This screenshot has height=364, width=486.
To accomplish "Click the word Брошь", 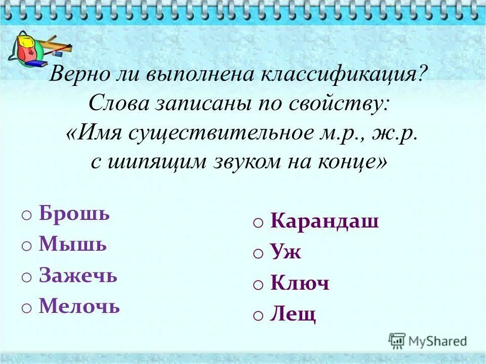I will click(x=74, y=214).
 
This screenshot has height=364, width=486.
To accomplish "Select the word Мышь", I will click(x=73, y=245).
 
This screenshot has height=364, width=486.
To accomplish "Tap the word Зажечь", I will click(x=78, y=276).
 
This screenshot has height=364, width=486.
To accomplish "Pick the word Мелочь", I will click(x=79, y=306).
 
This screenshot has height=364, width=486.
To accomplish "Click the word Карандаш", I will click(x=325, y=221).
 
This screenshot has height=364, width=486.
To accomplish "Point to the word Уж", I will click(x=286, y=252).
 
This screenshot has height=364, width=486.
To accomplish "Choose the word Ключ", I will click(x=300, y=283).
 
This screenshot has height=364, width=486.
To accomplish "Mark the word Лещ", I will click(x=293, y=314).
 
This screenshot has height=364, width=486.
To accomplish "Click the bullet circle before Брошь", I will click(x=27, y=215).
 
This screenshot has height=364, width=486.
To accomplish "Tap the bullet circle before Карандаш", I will click(x=258, y=223).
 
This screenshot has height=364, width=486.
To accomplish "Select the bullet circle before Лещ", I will click(x=258, y=316).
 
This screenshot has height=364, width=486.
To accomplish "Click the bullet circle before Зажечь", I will click(x=27, y=278).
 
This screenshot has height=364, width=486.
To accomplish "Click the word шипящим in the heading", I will click(x=158, y=163).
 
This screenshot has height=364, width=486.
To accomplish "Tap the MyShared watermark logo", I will click(x=427, y=341).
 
